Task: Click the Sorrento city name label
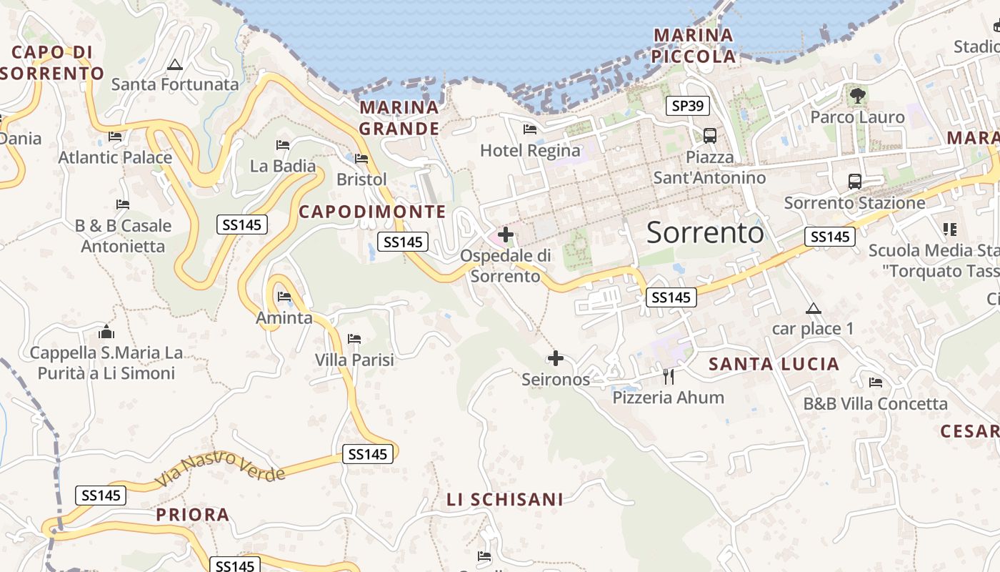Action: (705, 232)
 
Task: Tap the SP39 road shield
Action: (688, 106)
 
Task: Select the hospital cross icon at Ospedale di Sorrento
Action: (506, 234)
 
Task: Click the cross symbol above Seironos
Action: (556, 358)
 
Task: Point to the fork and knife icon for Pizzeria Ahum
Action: (669, 376)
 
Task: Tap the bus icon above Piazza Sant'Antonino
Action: (710, 135)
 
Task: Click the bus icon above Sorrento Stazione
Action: (854, 182)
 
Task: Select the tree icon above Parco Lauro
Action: (857, 95)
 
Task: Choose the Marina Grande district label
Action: (399, 118)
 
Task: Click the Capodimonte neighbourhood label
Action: (372, 212)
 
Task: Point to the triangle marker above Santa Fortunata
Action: (175, 65)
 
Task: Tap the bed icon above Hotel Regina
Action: (530, 129)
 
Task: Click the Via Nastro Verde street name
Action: (220, 465)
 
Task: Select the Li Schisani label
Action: (505, 500)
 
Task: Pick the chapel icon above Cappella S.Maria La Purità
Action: (106, 332)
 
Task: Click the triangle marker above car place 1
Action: (813, 309)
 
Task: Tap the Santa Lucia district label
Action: (774, 365)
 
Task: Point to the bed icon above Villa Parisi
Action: (354, 338)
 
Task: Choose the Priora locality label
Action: (193, 515)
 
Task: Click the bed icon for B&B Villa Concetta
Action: (876, 383)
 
